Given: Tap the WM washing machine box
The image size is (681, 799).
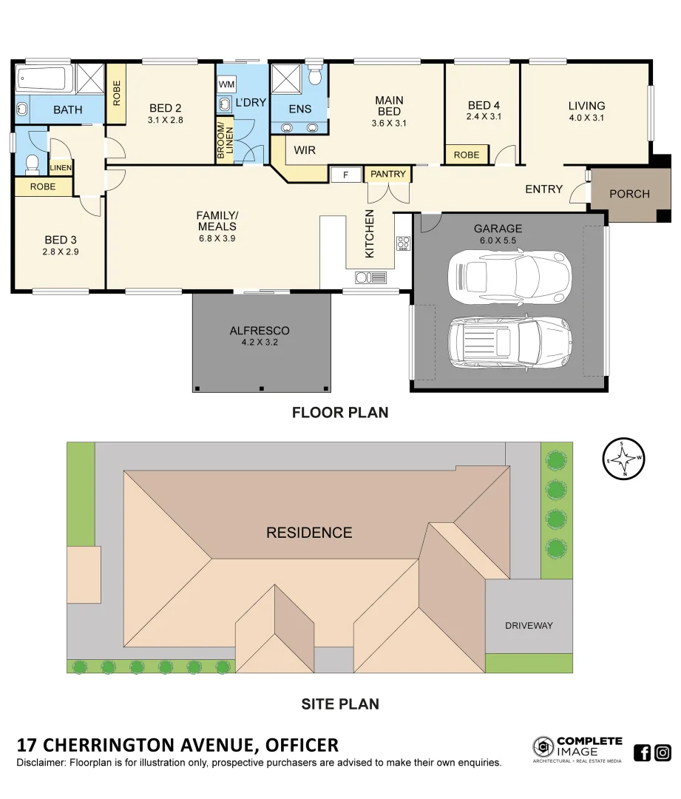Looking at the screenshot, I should coord(226,84).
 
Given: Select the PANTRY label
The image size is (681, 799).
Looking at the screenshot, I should coord(388,175).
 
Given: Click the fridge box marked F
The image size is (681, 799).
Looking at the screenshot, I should coord(345,175).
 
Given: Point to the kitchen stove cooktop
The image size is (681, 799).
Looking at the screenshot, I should coord(403,243).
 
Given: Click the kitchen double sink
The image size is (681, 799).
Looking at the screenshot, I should coord(370,277).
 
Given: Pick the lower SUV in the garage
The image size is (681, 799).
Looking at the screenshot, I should coord(509,341).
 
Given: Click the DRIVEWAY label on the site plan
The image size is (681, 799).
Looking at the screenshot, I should coord(529,625).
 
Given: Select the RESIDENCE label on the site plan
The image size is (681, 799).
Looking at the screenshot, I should coord(309,533).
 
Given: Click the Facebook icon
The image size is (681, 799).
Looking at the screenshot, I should coord(643,752).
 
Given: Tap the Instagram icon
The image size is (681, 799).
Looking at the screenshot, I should coord(663,752).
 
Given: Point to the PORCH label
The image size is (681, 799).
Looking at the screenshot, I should coord(629,194).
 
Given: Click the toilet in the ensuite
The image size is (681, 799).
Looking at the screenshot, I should coord(314,76).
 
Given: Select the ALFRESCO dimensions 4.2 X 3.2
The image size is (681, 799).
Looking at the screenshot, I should coord(259,343).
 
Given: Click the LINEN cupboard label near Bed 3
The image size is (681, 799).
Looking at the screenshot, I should coord(61,168).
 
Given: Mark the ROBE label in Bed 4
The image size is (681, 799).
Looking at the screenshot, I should coord(466,155).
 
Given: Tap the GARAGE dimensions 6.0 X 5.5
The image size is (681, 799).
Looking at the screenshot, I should coord(498,240).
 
